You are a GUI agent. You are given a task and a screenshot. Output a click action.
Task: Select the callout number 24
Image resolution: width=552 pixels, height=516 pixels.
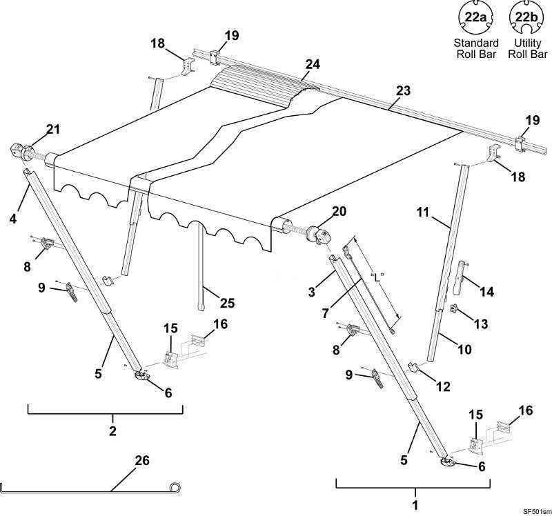313,64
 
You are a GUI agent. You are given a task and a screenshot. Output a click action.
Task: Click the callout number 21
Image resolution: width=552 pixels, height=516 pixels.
53,128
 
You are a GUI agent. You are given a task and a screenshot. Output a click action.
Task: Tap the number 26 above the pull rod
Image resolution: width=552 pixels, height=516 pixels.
141,459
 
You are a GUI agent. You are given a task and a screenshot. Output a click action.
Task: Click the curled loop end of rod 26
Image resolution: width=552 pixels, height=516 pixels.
177,488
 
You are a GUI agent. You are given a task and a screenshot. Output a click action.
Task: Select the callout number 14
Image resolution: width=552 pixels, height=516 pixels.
486,292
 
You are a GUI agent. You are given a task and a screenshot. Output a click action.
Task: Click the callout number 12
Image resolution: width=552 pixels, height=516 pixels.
442,387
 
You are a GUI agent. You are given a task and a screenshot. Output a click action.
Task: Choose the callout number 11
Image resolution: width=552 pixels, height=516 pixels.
426,213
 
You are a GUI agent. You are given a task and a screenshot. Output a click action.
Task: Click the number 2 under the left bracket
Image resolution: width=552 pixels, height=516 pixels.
112,432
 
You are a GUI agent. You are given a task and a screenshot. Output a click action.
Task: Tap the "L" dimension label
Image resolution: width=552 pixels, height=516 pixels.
376,277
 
